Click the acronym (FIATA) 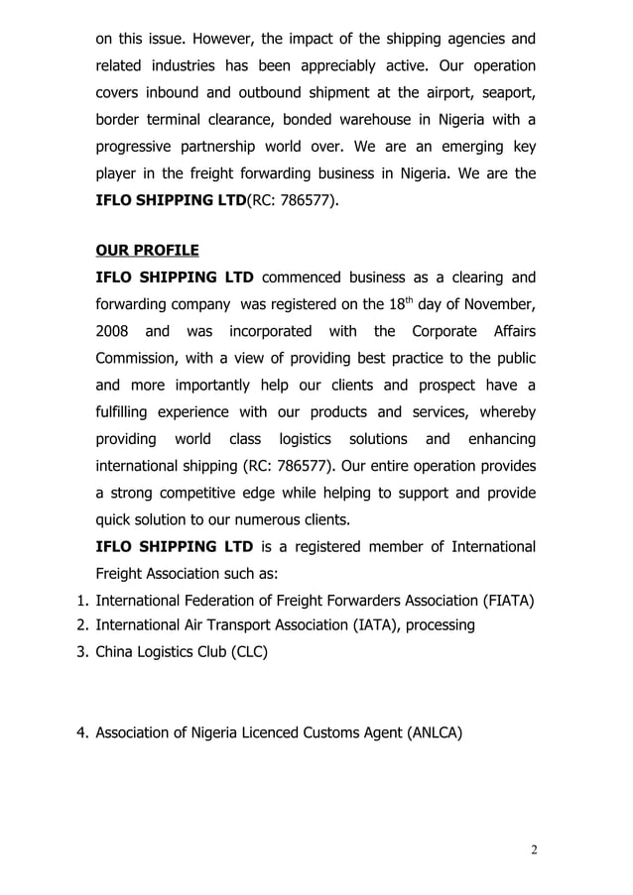(x=502, y=601)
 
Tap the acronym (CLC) (x=246, y=652)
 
